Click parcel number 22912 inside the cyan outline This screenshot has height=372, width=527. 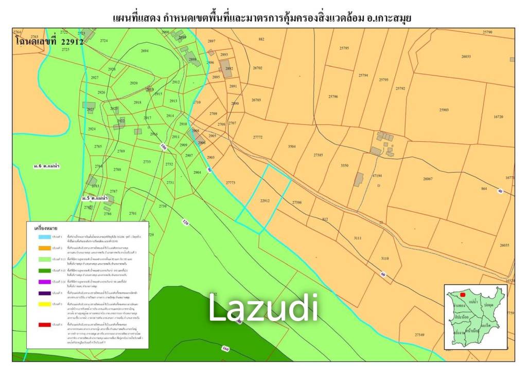point(266,201)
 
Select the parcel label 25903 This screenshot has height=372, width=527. point(444,110)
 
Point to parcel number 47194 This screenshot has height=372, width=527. point(378,176)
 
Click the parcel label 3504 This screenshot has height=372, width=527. point(292,146)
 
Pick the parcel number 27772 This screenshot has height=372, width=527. point(258,137)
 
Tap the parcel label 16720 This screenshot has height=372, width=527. point(498,117)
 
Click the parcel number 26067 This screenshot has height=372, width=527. point(428,178)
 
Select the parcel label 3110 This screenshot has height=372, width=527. point(385,258)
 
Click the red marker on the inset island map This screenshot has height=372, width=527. point(463,295)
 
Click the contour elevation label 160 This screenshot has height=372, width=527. point(225,349)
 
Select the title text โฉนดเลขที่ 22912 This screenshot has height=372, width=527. point(49,42)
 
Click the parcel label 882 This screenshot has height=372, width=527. point(261,39)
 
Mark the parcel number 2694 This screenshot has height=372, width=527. point(145,51)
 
